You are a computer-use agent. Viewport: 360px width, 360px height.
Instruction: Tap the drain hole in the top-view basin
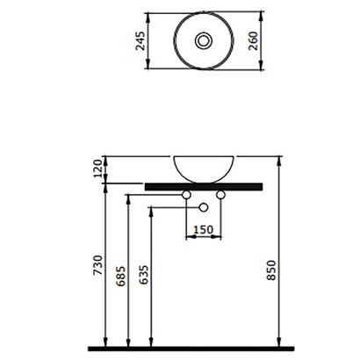[x=204, y=40]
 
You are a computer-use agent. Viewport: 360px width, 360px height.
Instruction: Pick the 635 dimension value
[x=144, y=278]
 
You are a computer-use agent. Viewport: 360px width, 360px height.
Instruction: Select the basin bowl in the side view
[x=204, y=167]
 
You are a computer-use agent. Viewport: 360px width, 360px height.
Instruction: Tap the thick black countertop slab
[x=204, y=184]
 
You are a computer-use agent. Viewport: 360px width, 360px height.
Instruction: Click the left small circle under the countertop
[x=187, y=192]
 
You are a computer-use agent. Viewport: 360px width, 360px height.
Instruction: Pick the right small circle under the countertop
[x=221, y=192]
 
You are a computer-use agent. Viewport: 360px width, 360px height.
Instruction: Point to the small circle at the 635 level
[x=205, y=207]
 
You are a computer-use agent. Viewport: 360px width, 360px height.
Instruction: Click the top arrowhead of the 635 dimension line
[x=151, y=211]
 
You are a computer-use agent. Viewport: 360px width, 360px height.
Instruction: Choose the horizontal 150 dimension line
[x=205, y=237]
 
